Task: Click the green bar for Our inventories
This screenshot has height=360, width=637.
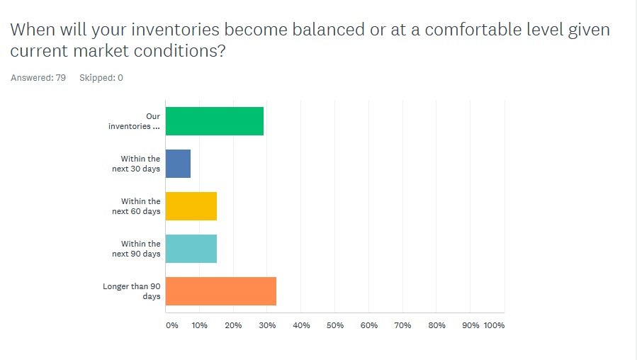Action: pyautogui.click(x=214, y=121)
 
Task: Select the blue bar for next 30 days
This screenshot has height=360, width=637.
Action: pyautogui.click(x=178, y=164)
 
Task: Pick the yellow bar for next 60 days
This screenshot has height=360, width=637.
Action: pyautogui.click(x=191, y=206)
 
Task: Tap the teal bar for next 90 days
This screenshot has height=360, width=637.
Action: pyautogui.click(x=191, y=249)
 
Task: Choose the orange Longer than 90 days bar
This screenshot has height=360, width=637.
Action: pyautogui.click(x=220, y=291)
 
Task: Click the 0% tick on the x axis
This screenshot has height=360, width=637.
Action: pyautogui.click(x=172, y=325)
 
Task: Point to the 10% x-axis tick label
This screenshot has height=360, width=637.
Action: pyautogui.click(x=199, y=325)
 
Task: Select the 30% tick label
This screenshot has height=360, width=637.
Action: pyautogui.click(x=267, y=325)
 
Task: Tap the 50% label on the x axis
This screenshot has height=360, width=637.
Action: pyautogui.click(x=335, y=325)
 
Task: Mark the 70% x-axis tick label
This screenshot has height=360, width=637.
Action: pyautogui.click(x=403, y=325)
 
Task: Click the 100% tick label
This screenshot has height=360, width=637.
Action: pyautogui.click(x=494, y=325)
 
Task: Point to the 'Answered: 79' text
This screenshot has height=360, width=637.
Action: pyautogui.click(x=38, y=78)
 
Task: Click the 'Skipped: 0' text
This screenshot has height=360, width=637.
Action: pyautogui.click(x=101, y=78)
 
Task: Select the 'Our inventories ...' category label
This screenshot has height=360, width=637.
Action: pyautogui.click(x=134, y=121)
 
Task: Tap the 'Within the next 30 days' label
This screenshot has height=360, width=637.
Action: pyautogui.click(x=140, y=164)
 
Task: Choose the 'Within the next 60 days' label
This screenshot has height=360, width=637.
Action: pyautogui.click(x=140, y=206)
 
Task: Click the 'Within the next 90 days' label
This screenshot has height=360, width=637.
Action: pyautogui.click(x=140, y=249)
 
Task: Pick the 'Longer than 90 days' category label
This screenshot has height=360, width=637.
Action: pyautogui.click(x=132, y=291)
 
